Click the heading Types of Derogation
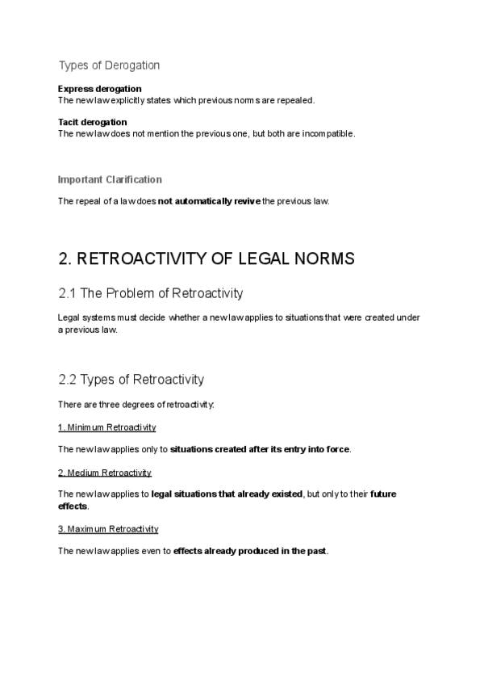(109, 65)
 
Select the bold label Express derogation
(99, 88)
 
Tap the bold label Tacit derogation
(92, 122)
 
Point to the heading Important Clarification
(110, 179)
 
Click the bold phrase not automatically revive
(209, 201)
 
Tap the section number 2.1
(69, 293)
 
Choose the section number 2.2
(69, 379)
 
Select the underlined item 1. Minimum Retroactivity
(106, 427)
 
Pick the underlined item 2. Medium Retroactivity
(105, 472)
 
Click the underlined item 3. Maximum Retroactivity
(108, 528)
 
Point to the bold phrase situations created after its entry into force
(260, 448)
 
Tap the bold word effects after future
(73, 506)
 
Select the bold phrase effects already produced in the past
(250, 551)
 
